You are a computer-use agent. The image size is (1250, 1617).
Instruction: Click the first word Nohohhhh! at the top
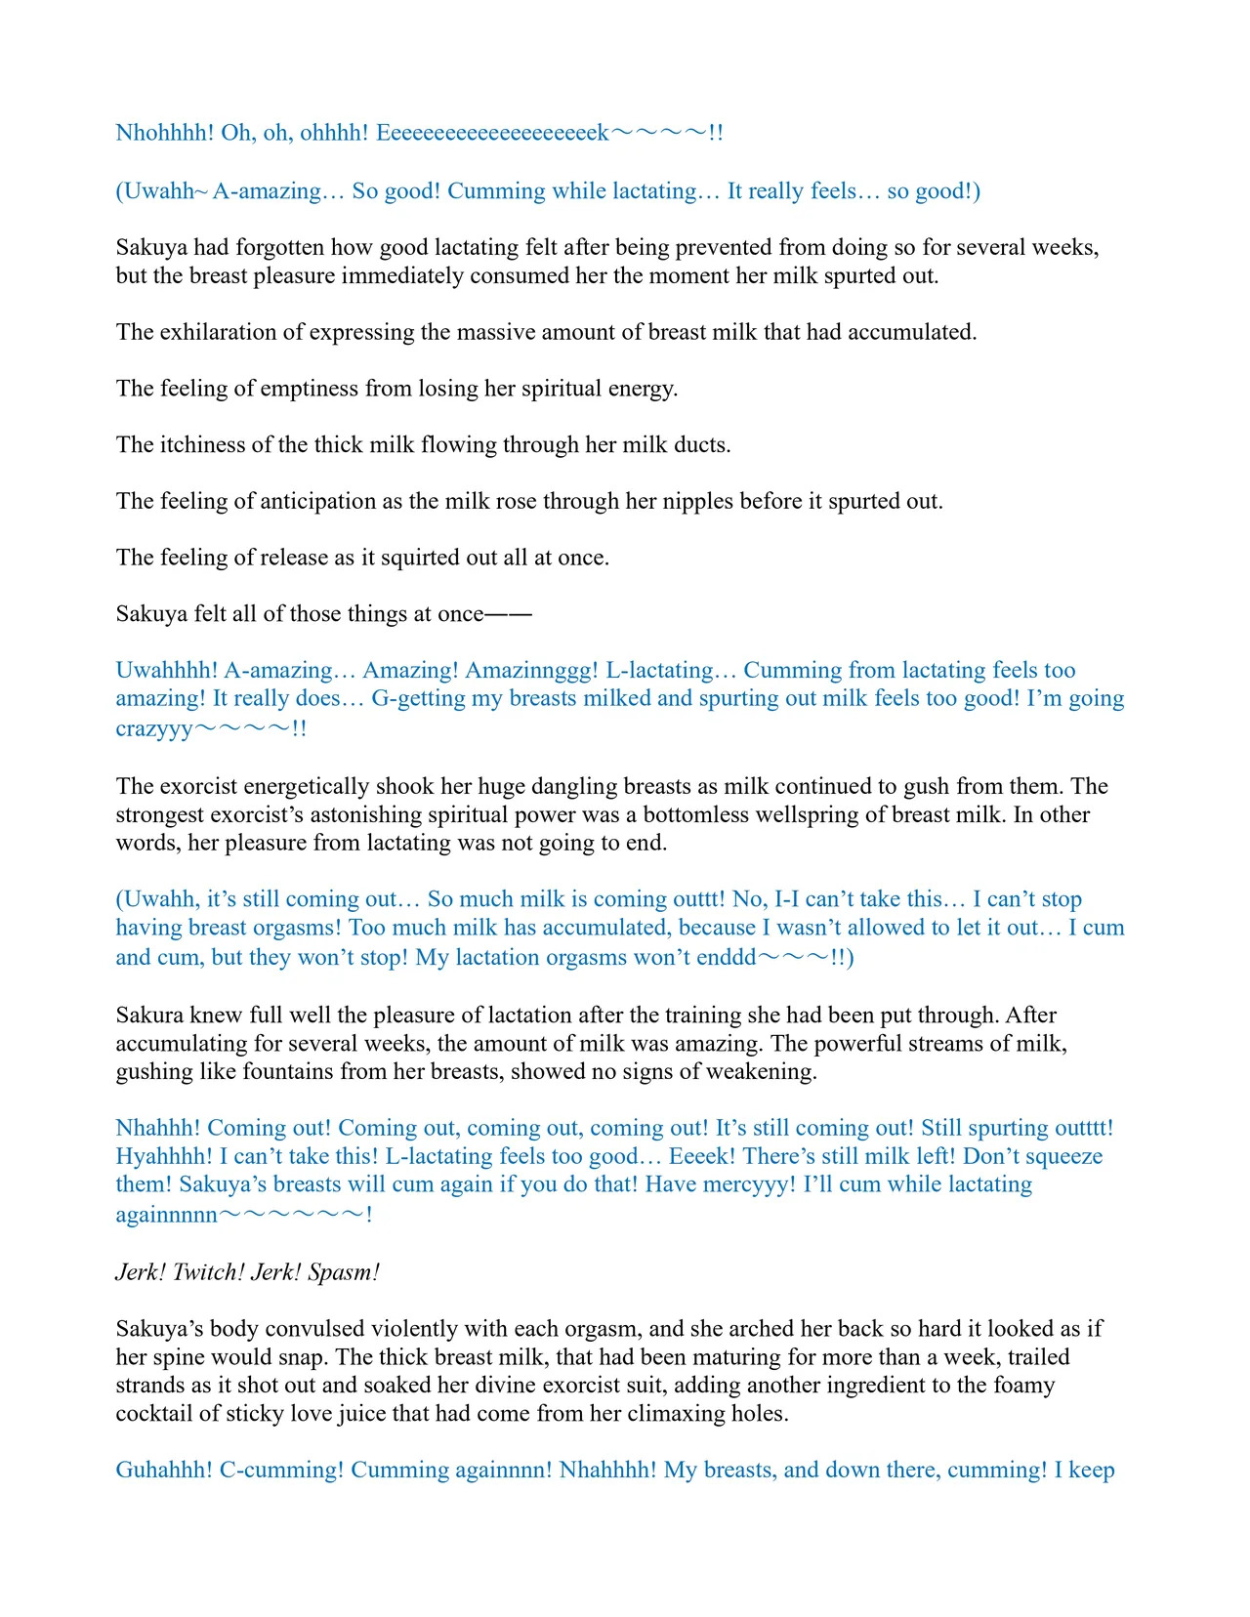click(x=164, y=133)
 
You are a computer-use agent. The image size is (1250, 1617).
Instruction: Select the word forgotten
click(x=282, y=247)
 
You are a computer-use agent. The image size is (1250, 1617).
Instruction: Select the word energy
click(x=642, y=389)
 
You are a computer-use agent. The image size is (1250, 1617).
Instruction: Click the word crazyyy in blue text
click(x=154, y=728)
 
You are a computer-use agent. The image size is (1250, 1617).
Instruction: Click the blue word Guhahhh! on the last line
click(x=163, y=1471)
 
